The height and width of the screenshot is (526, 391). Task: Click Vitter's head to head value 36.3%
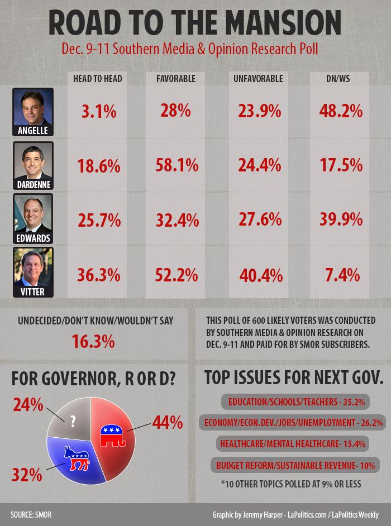pos(98,275)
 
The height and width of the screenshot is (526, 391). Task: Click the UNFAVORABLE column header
pos(258,79)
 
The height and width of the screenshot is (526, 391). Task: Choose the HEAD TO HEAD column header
pos(98,79)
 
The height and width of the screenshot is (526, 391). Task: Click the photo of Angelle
pos(33,108)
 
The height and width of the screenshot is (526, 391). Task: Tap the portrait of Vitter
pos(33,268)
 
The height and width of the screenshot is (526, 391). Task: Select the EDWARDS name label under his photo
pos(33,238)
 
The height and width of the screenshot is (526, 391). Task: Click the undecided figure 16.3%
pos(93,341)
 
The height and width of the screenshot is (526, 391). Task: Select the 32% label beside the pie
pos(27,475)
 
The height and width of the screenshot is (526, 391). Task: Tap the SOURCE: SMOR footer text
pos(31,514)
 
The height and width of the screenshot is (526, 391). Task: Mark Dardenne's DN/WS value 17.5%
pos(338,165)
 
